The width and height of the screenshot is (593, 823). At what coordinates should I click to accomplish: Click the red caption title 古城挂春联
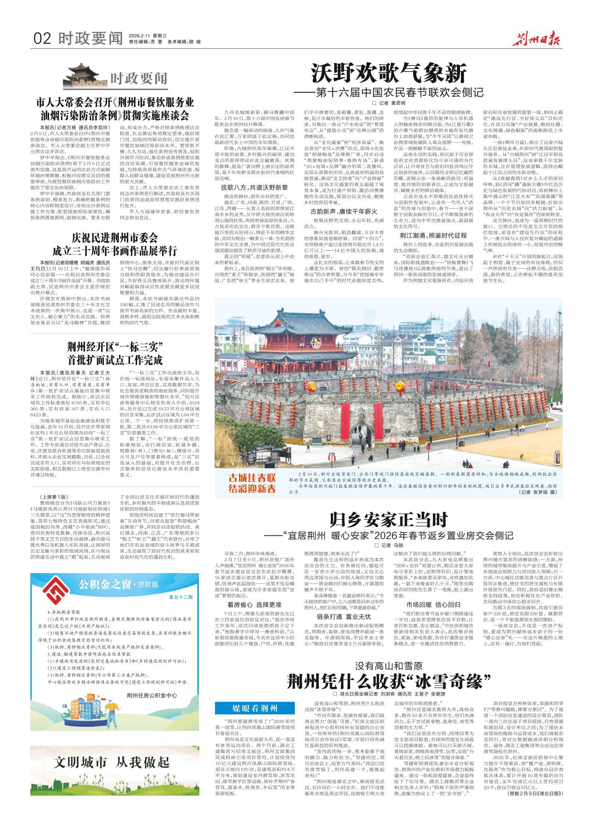pyautogui.click(x=252, y=478)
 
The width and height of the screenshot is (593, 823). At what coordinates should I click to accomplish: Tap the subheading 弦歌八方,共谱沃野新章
pyautogui.click(x=254, y=187)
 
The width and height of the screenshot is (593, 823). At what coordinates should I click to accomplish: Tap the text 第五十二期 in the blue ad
pyautogui.click(x=180, y=597)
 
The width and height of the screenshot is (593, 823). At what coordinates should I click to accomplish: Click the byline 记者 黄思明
pyautogui.click(x=388, y=103)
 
